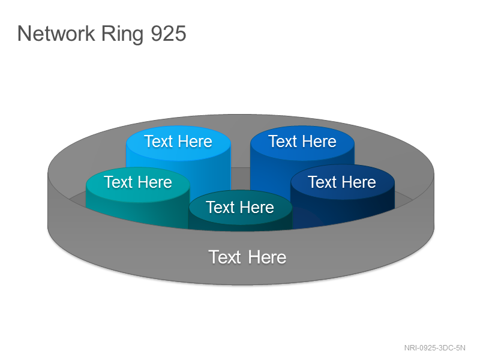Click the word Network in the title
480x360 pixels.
click(x=56, y=34)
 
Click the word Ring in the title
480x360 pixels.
click(x=122, y=34)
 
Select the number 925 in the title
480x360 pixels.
click(x=169, y=34)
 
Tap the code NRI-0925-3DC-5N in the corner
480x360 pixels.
click(x=434, y=348)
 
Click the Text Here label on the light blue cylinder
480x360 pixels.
click(x=178, y=142)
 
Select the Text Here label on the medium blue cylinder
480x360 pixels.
click(x=302, y=142)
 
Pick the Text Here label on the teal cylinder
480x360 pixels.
click(x=138, y=182)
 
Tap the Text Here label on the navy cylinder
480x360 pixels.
click(x=342, y=182)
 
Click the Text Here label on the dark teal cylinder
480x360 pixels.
click(x=240, y=207)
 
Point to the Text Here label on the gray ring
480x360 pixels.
click(x=247, y=257)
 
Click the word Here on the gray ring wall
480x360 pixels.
click(x=267, y=257)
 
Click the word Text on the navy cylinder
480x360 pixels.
click(x=322, y=182)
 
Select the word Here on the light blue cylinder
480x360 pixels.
click(x=195, y=142)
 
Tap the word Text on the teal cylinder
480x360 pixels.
click(x=118, y=182)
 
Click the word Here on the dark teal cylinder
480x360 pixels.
click(x=257, y=207)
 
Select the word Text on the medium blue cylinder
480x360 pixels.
click(x=283, y=142)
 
